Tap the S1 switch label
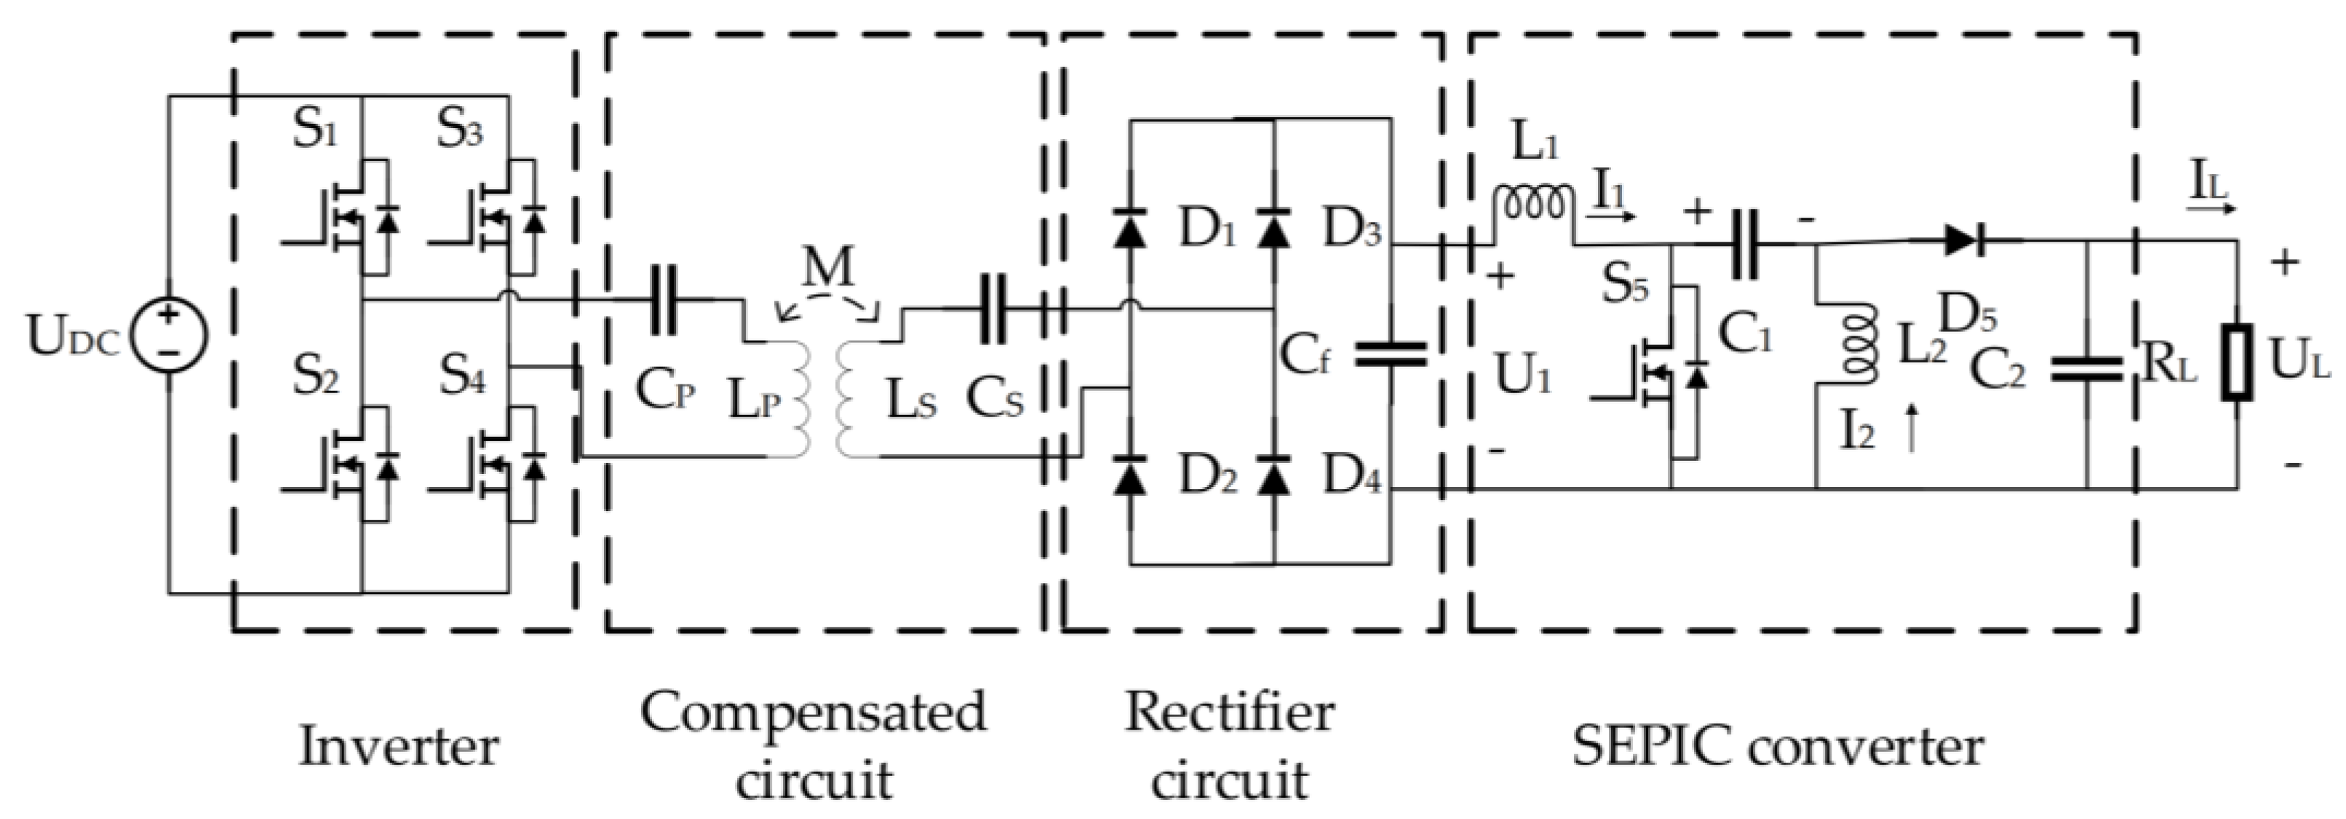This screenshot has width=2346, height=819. (314, 130)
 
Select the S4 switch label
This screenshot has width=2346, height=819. (462, 374)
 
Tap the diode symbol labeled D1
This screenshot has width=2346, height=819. (1130, 231)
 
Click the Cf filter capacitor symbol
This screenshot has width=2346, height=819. (1391, 355)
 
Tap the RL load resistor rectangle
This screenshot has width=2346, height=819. (2236, 374)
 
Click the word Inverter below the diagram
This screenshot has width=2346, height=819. (399, 747)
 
